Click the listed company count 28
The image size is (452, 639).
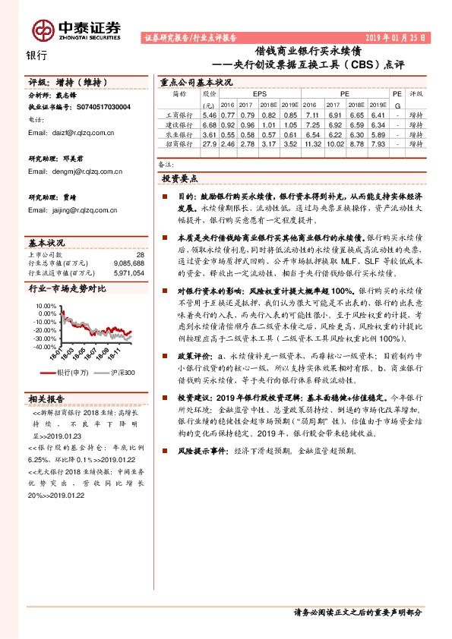(x=139, y=254)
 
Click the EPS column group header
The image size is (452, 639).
(x=248, y=94)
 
